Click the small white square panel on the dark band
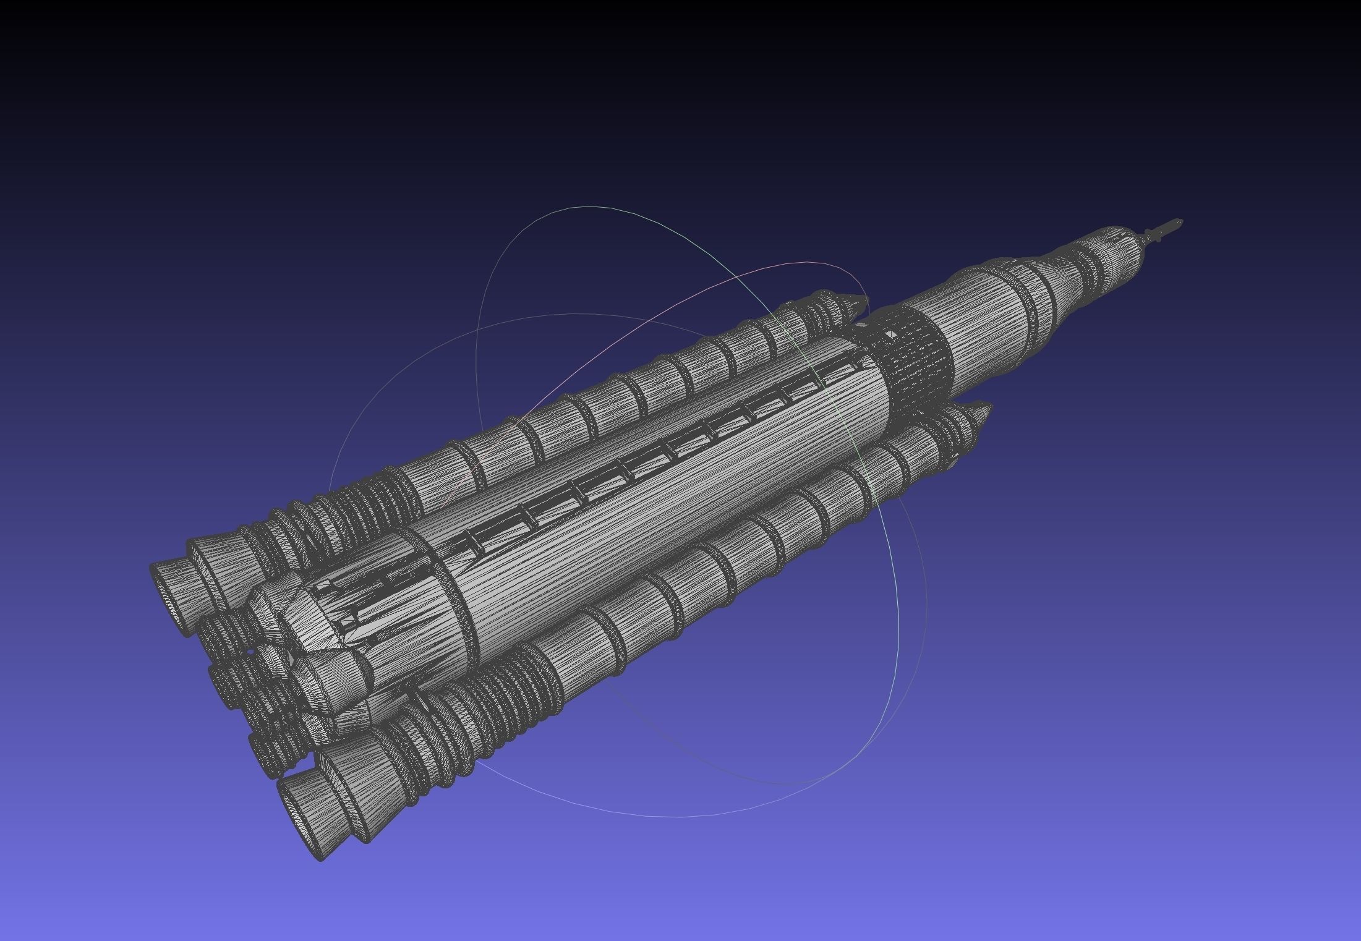(891, 334)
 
